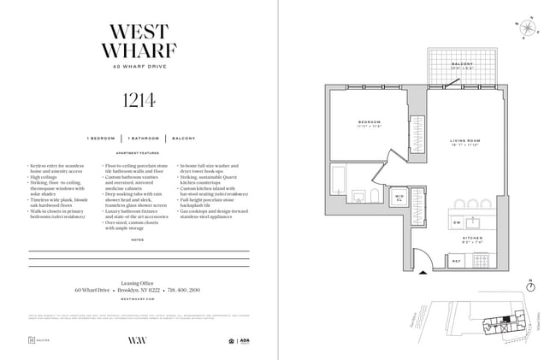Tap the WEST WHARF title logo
(x=139, y=39)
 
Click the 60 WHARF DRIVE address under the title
(x=139, y=67)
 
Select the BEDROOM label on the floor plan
(x=370, y=123)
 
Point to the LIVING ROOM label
(x=468, y=142)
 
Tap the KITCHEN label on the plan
(x=474, y=239)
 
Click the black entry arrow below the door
(x=422, y=273)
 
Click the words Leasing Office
(x=139, y=281)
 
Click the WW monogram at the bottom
(x=139, y=339)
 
